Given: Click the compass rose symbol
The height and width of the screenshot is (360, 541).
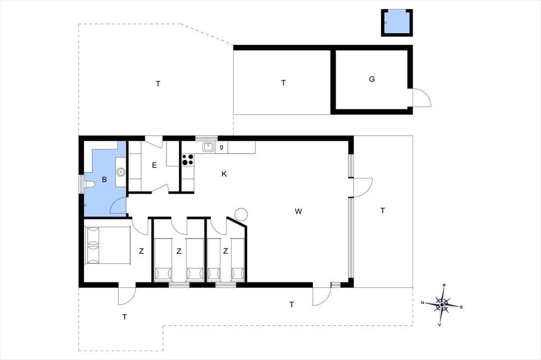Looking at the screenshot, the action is tap(442, 305).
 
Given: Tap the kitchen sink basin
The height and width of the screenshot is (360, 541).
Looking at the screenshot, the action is tap(208, 147).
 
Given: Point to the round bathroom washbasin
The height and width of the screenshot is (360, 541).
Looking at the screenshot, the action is tap(121, 172).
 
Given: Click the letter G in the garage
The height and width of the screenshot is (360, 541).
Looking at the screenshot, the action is tap(371, 79).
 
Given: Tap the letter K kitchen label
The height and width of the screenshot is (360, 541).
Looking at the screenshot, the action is tap(224, 174).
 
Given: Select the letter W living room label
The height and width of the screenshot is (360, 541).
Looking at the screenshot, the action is tap(299, 211).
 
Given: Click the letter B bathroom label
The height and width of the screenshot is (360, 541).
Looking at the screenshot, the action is tap(104, 179).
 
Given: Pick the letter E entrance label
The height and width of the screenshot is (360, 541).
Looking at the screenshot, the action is tap(154, 165).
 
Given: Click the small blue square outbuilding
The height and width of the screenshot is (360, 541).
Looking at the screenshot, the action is tap(397, 23).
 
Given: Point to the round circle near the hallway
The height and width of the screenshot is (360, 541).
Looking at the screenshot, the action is tap(241, 214).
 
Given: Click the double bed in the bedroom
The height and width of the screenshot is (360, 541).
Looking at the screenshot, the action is tap(107, 245).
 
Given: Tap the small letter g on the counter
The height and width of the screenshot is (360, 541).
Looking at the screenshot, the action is tap(221, 147).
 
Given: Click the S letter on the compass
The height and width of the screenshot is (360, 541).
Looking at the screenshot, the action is tap(461, 307).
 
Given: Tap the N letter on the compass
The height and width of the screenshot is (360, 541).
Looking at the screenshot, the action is tap(422, 303).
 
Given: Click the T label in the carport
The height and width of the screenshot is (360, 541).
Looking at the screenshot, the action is tap(283, 83).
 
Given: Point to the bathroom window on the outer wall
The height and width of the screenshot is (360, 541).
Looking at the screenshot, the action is tap(81, 184).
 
